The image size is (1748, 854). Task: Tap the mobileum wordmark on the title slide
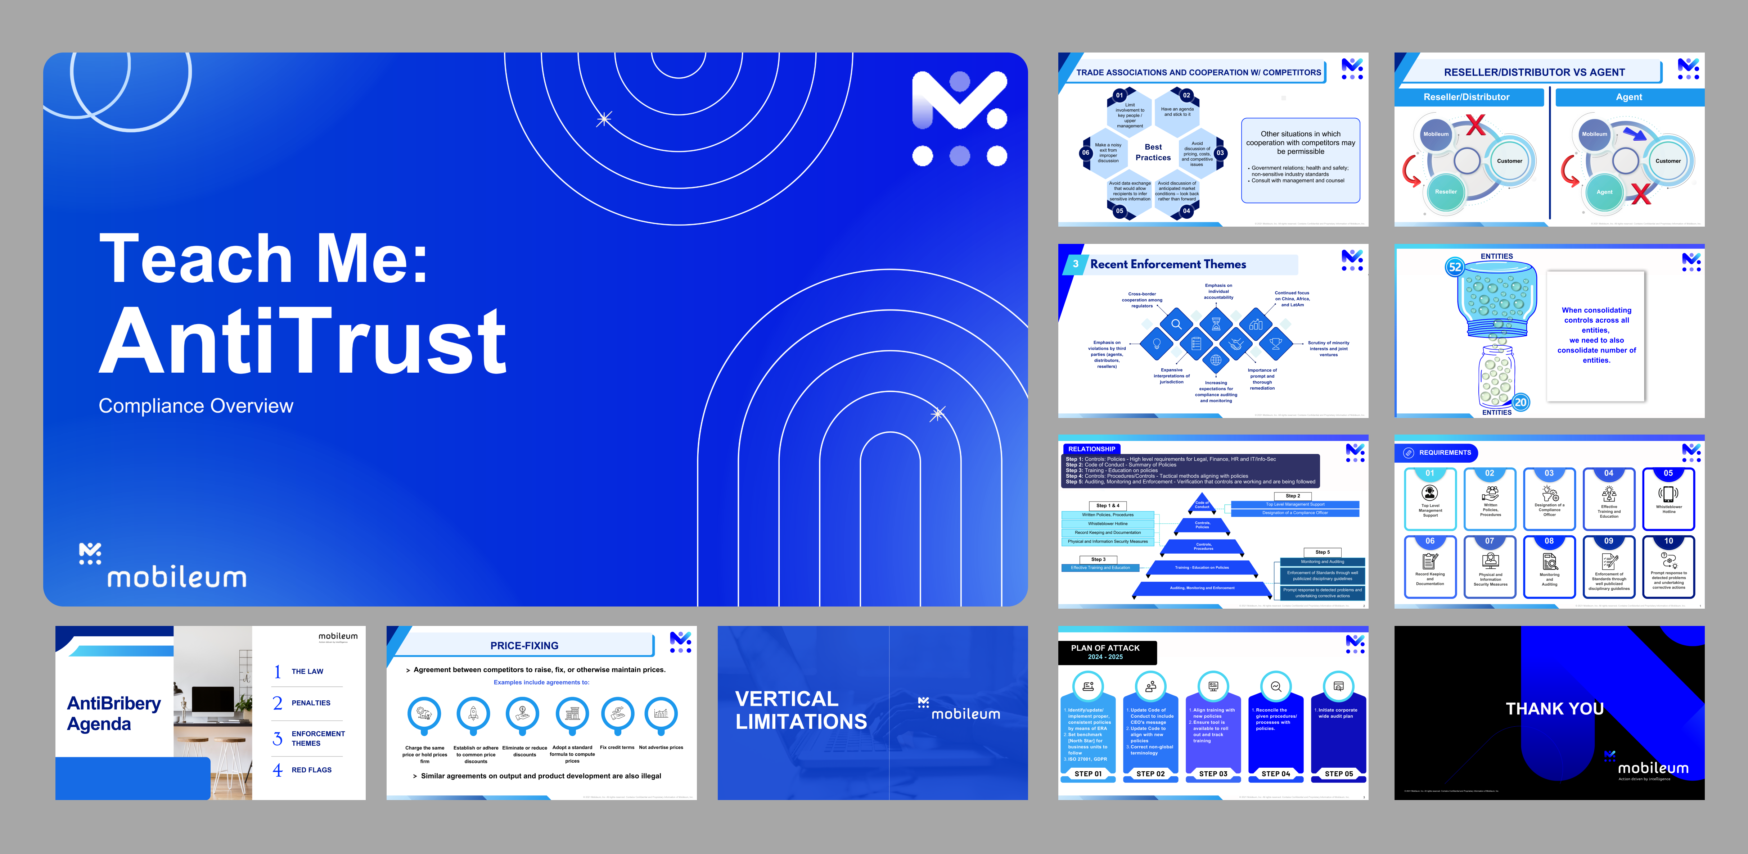[x=176, y=577]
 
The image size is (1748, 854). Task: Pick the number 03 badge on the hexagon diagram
[x=1220, y=153]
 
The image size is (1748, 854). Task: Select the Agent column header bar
[x=1628, y=97]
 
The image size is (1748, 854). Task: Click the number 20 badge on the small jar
[x=1521, y=402]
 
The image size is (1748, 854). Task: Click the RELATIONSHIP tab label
[x=1091, y=449]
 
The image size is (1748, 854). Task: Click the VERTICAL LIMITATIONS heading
[x=801, y=710]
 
